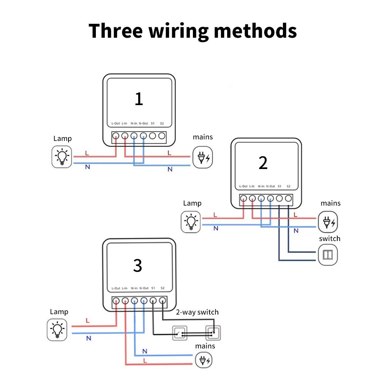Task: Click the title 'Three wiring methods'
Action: click(x=192, y=31)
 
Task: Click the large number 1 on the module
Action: click(x=139, y=99)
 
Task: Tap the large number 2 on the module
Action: click(x=263, y=163)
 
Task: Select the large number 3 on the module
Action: click(x=137, y=266)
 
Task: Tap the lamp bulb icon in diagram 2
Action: click(x=191, y=222)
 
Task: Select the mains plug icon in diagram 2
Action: click(x=328, y=222)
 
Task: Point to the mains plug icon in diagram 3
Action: click(x=204, y=360)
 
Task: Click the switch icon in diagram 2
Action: click(x=328, y=255)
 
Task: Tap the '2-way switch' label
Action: click(x=197, y=312)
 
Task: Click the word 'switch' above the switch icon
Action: click(x=330, y=239)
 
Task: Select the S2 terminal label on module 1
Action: click(x=162, y=124)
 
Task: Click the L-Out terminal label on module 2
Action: click(x=243, y=186)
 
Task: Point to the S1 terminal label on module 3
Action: click(x=153, y=288)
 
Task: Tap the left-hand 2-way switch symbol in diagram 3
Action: click(x=179, y=332)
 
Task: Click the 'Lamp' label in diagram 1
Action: click(x=62, y=139)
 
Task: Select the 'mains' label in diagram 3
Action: click(x=205, y=346)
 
